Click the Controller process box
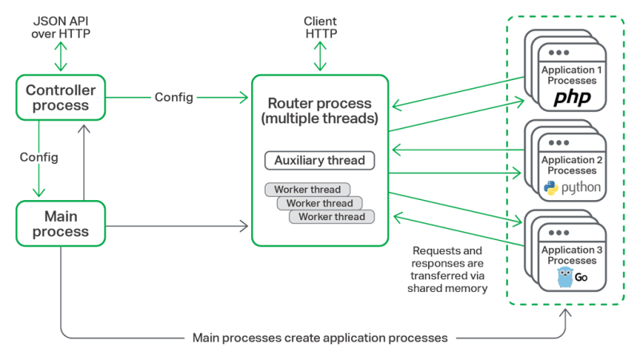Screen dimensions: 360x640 point(61,97)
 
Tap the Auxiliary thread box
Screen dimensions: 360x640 point(320,160)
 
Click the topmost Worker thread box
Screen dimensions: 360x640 point(307,190)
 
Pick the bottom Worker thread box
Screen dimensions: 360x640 point(331,217)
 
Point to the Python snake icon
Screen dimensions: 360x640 point(550,188)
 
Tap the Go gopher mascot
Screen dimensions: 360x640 point(566,278)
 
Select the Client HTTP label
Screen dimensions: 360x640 point(320,26)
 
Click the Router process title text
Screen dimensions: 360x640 point(320,111)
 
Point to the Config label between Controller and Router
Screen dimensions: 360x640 point(174,98)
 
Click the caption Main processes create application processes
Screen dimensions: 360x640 point(320,337)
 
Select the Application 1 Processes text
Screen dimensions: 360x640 point(569,76)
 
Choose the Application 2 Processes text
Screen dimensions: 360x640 point(569,166)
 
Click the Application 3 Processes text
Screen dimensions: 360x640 point(569,255)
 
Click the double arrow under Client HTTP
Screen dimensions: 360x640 point(320,56)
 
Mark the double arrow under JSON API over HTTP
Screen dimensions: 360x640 point(61,58)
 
